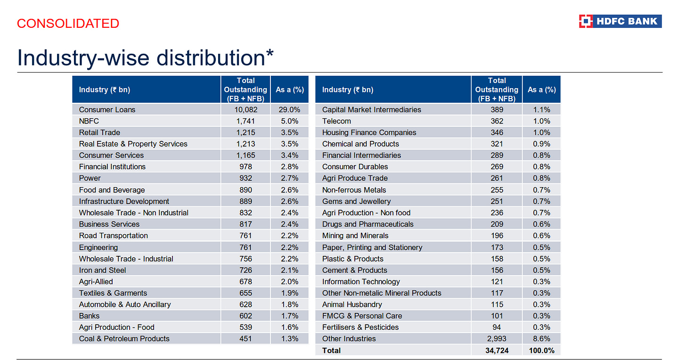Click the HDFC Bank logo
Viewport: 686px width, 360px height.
[620, 21]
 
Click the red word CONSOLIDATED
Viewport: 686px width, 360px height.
[68, 23]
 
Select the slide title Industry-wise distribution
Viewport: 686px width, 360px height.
[145, 57]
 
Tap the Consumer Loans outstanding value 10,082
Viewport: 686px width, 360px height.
[245, 110]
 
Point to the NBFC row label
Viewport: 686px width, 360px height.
[89, 121]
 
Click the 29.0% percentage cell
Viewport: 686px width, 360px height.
[289, 110]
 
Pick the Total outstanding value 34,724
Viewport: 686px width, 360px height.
[497, 351]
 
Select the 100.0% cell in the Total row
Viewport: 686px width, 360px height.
[541, 351]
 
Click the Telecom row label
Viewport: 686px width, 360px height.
[336, 121]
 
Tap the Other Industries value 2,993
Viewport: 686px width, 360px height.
[497, 339]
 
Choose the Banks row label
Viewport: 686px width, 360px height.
[90, 316]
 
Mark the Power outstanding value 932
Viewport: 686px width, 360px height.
[245, 178]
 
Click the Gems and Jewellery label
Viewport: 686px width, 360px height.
[357, 201]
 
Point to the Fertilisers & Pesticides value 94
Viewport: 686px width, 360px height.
[497, 327]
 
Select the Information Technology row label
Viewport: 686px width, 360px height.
[361, 281]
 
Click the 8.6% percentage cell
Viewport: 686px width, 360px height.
[541, 339]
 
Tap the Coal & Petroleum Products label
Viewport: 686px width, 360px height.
[124, 339]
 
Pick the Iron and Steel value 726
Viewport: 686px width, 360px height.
[245, 270]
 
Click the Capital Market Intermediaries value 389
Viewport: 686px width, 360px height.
[497, 110]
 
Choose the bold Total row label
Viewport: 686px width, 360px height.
[331, 351]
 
